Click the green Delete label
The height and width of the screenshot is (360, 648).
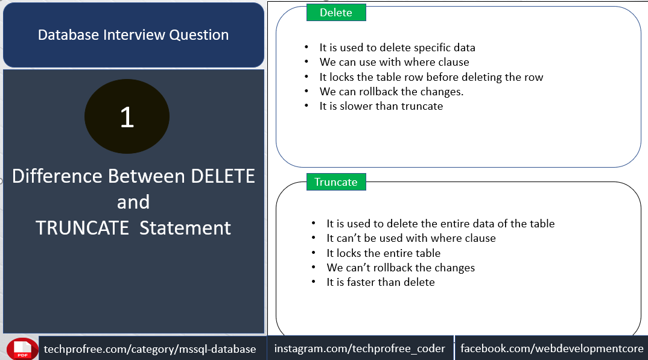(336, 13)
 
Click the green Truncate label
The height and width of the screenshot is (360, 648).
(336, 182)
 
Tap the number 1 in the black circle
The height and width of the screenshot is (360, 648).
(127, 117)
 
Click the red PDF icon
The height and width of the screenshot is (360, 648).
(22, 349)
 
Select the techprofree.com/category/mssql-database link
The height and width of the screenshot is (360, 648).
(150, 349)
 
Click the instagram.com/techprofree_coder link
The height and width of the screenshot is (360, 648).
(360, 349)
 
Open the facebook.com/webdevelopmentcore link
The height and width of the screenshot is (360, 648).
(551, 349)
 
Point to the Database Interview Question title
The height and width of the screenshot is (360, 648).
(133, 35)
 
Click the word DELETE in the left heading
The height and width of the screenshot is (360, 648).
(223, 176)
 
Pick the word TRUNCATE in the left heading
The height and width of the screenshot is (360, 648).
(82, 228)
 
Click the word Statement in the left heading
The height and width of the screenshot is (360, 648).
(185, 228)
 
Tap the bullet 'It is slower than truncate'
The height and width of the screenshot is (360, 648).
(381, 106)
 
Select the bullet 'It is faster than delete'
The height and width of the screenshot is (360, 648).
(381, 282)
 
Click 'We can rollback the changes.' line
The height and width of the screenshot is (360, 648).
(392, 92)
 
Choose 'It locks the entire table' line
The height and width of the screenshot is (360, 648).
(384, 253)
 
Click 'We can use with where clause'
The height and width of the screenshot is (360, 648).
(394, 62)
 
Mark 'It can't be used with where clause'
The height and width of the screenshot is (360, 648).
(411, 238)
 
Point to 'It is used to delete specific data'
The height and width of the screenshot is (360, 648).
(397, 48)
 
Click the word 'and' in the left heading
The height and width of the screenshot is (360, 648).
(133, 202)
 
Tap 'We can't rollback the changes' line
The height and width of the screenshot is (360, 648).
(401, 268)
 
